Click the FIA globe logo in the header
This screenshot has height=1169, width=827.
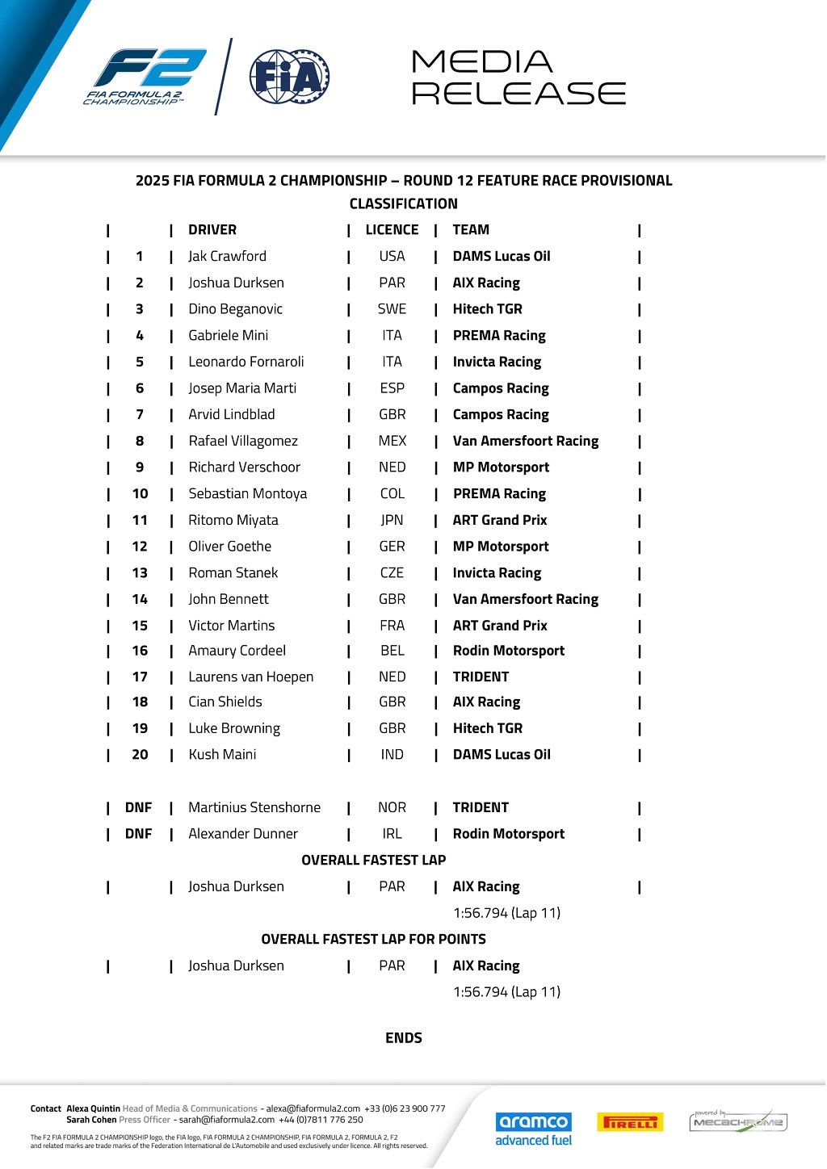tap(289, 77)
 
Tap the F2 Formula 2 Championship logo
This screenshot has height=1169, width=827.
tap(145, 77)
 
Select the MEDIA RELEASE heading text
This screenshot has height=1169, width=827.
tap(518, 78)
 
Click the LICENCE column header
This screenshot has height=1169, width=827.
tap(392, 230)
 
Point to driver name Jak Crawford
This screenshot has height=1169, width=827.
tap(227, 257)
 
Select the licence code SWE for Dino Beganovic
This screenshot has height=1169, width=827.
tap(392, 309)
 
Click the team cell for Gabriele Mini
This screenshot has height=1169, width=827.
tap(499, 336)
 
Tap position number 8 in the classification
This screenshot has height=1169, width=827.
tap(140, 442)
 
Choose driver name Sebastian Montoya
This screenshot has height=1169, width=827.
tap(247, 494)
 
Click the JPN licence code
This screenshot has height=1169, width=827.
tap(392, 521)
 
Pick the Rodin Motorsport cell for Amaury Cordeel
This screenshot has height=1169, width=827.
tap(508, 651)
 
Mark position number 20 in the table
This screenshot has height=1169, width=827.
tap(140, 755)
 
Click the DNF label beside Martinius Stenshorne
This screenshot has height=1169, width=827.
tap(138, 807)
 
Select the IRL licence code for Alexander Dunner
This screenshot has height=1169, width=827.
tap(392, 834)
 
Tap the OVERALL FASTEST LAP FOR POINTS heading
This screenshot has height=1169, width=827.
tap(373, 940)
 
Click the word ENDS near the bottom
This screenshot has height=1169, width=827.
tap(404, 1038)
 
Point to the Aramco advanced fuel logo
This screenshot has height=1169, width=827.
tap(533, 1129)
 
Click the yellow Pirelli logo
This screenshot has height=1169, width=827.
tap(630, 1122)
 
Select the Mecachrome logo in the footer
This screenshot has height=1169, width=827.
tap(738, 1121)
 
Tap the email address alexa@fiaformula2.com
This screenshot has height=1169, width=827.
tap(313, 1109)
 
